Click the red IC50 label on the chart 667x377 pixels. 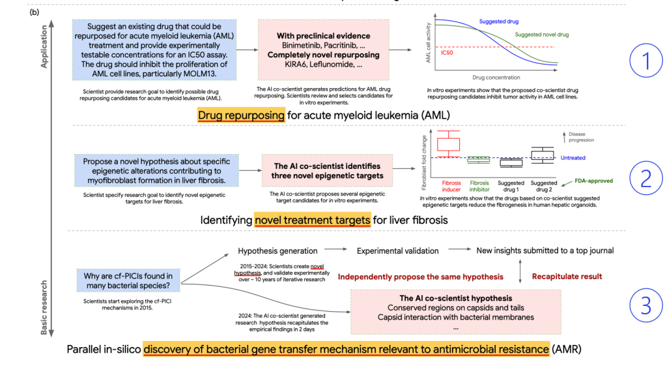point(447,52)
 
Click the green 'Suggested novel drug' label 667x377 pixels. point(542,34)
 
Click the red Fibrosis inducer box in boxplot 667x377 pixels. point(448,144)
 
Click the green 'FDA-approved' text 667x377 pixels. point(594,181)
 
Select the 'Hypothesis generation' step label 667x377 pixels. point(277,250)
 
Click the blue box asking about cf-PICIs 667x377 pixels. point(128,282)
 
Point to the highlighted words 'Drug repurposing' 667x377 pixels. point(241,115)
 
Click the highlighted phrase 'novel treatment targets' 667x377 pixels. point(312,220)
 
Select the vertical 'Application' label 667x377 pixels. point(45,47)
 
